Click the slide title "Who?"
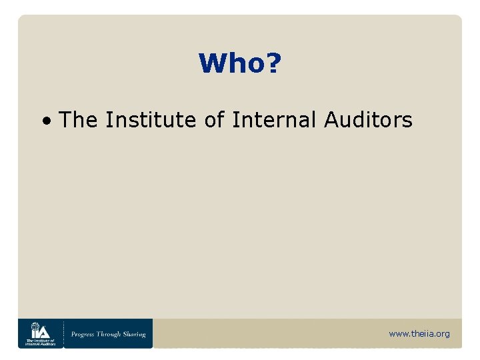click(x=240, y=64)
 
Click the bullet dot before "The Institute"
click(x=47, y=122)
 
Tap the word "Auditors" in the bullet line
click(x=369, y=120)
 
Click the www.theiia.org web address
click(x=419, y=333)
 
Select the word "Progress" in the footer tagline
click(x=85, y=334)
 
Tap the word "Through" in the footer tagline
click(x=111, y=334)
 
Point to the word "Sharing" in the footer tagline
click(x=135, y=334)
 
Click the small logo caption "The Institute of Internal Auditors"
click(x=40, y=342)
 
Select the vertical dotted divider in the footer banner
click(x=63, y=333)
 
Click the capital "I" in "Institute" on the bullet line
click(x=108, y=120)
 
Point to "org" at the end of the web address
click(x=443, y=334)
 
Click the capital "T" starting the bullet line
click(x=65, y=120)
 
